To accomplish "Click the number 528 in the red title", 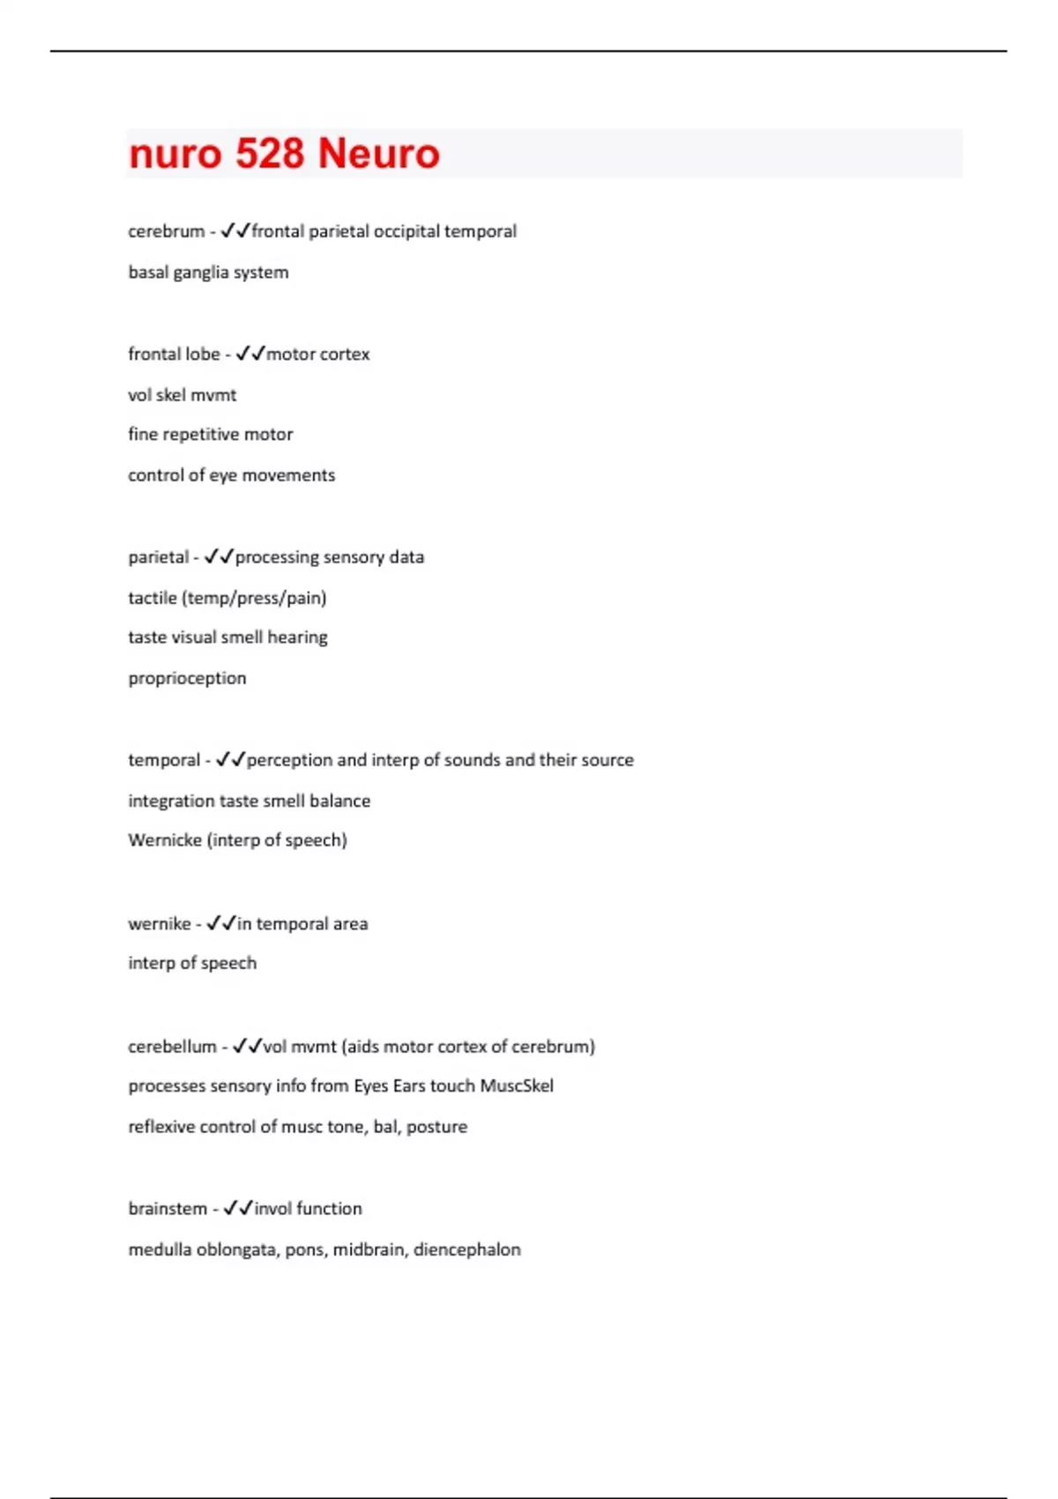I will tap(269, 153).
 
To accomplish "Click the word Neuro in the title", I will tap(378, 153).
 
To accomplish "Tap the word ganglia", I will tap(200, 272).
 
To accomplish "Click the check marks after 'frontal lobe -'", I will tap(250, 354).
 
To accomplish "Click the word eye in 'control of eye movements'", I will tap(223, 475).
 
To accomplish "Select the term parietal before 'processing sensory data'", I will tap(158, 557).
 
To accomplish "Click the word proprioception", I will tap(187, 678).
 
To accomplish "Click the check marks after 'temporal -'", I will tap(230, 760).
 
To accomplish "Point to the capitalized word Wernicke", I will tap(165, 840).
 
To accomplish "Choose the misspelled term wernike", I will tap(159, 924).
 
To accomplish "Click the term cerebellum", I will tap(172, 1047).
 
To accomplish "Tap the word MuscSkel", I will tap(517, 1086).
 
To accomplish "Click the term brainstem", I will tap(168, 1209).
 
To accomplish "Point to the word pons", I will tap(304, 1249).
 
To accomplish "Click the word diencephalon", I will tap(467, 1249).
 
